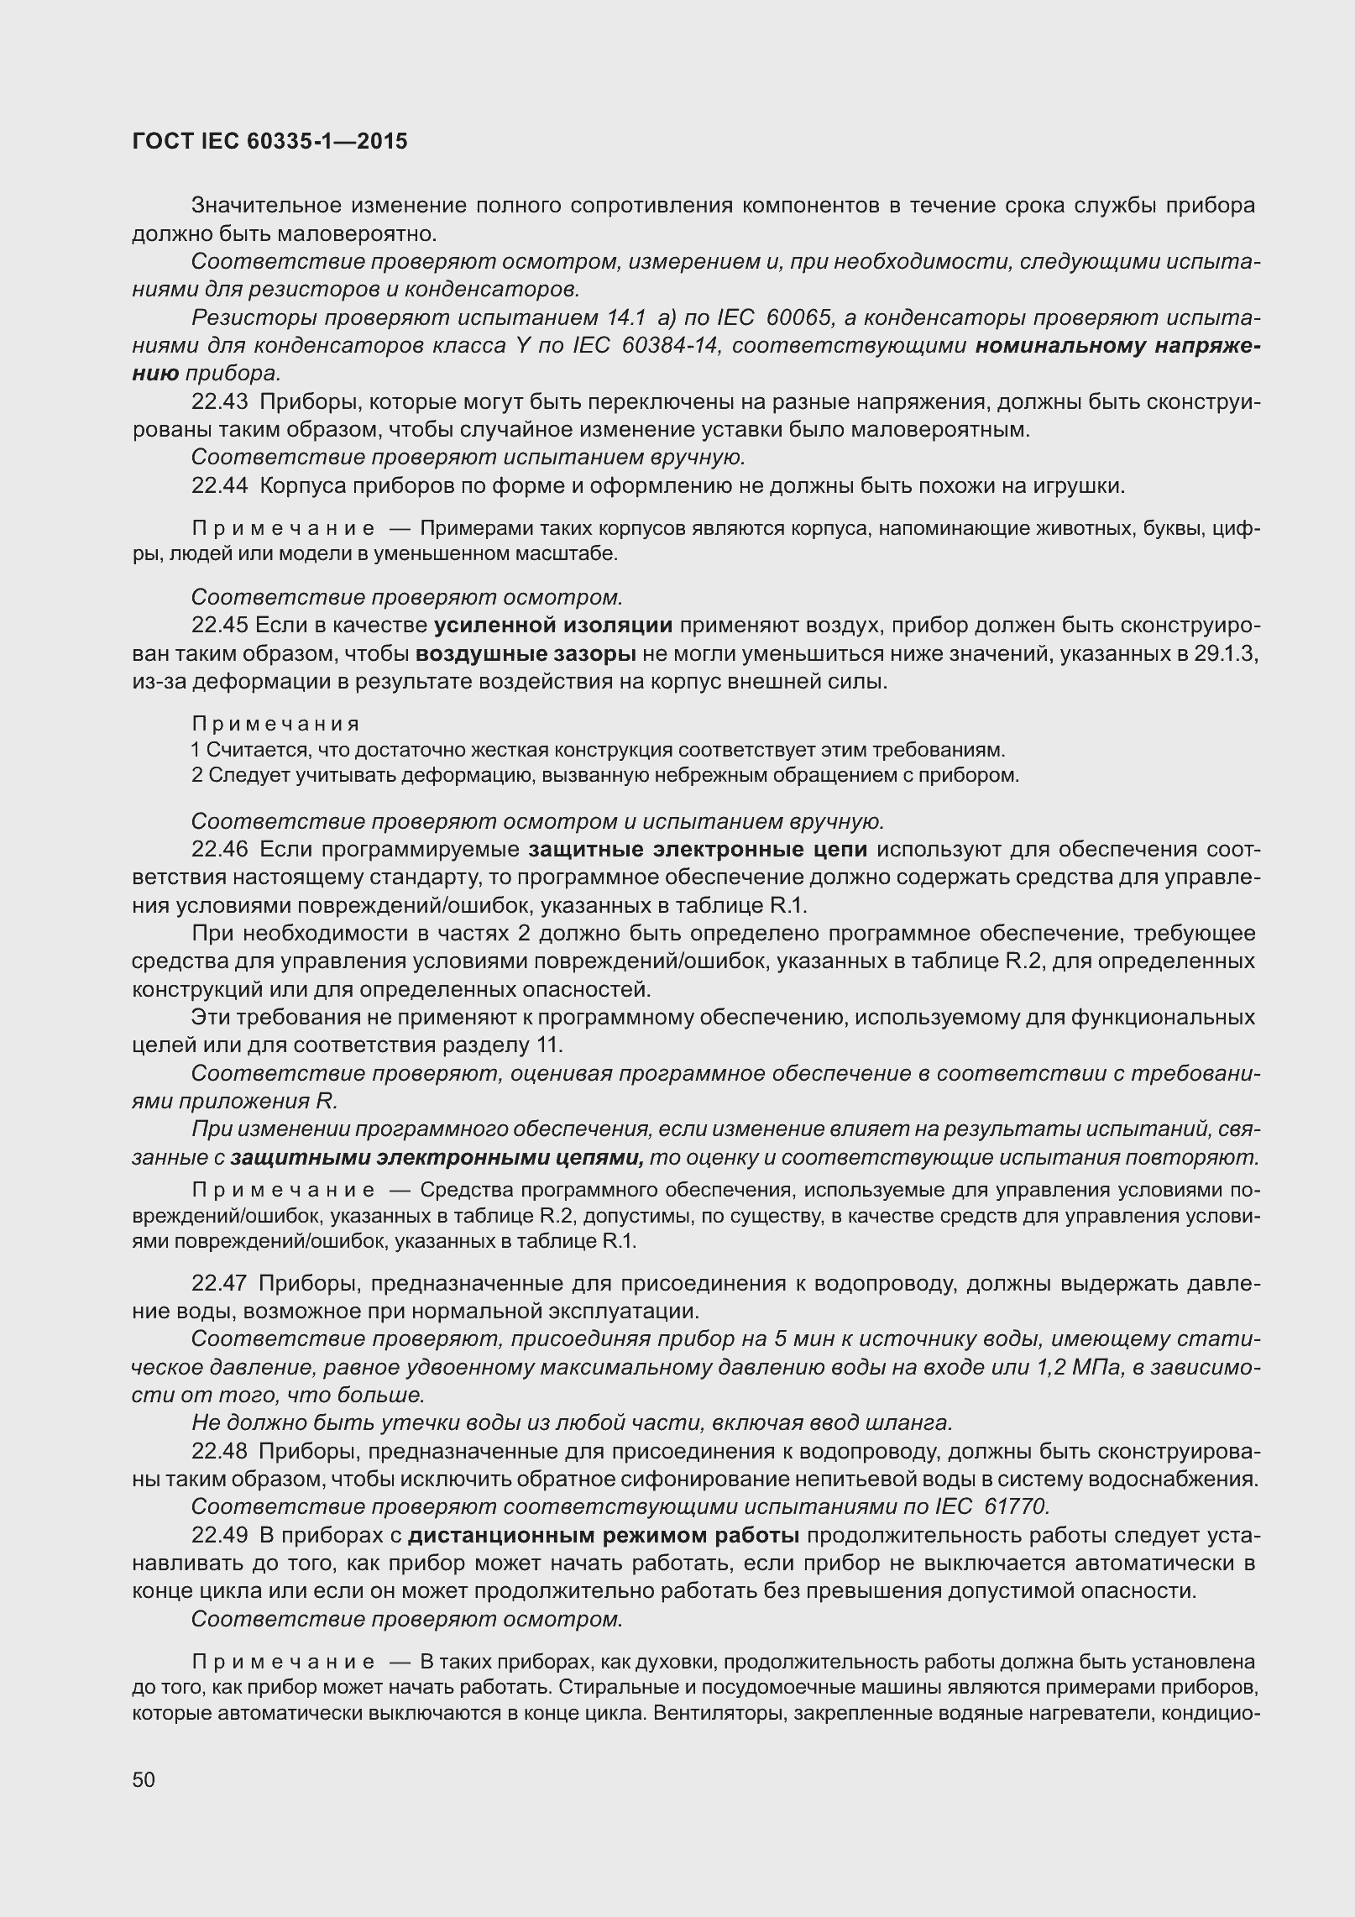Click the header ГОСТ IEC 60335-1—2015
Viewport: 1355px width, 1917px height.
click(x=269, y=141)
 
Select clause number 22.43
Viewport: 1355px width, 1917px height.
click(x=220, y=402)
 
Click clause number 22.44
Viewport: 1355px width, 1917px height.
click(x=220, y=485)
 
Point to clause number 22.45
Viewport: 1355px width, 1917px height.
click(x=220, y=626)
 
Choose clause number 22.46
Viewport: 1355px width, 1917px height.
click(x=220, y=850)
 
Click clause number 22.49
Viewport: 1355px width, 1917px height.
click(x=220, y=1536)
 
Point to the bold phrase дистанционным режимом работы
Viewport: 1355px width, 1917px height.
click(x=604, y=1536)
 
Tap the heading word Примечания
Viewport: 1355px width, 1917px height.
click(x=275, y=724)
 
